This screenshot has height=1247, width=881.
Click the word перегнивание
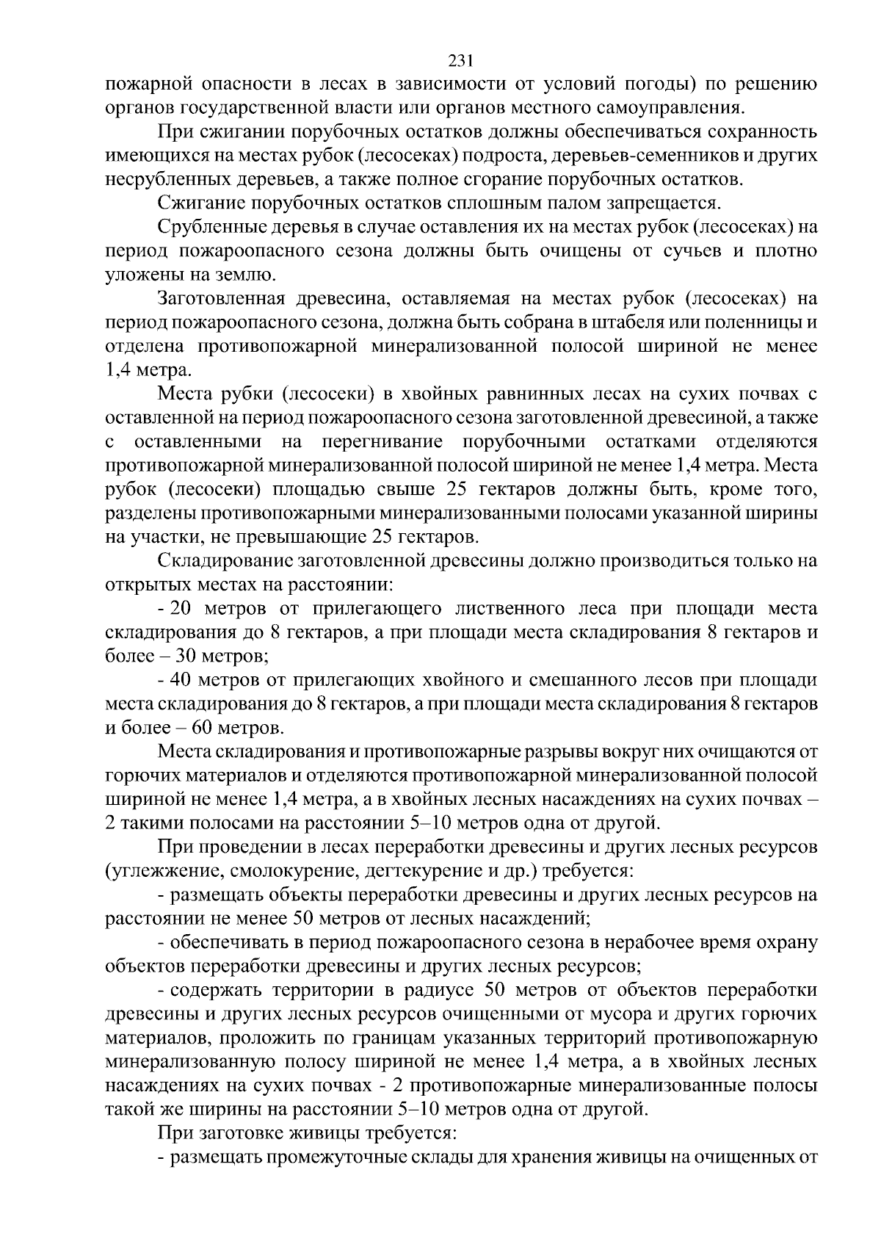click(381, 442)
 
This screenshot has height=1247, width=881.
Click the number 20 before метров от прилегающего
click(180, 610)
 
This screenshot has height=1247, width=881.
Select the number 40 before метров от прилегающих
click(180, 681)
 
